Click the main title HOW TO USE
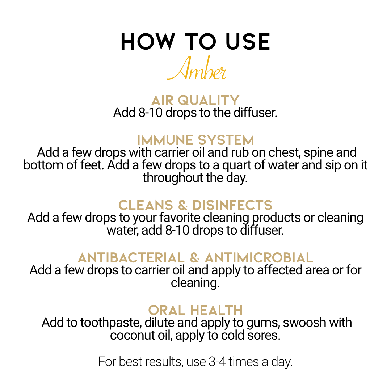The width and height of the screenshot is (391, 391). click(195, 42)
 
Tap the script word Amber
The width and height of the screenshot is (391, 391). click(197, 68)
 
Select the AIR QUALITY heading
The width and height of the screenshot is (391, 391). click(195, 100)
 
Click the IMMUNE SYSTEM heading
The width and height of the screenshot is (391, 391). click(195, 140)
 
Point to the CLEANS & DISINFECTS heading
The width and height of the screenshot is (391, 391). click(195, 205)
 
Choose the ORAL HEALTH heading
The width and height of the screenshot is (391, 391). click(195, 311)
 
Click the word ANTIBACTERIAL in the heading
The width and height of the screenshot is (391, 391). click(131, 258)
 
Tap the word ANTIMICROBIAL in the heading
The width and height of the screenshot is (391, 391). click(259, 258)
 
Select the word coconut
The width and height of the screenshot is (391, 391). click(133, 335)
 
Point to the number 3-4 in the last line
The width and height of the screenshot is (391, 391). click(217, 362)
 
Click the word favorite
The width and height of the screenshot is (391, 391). click(180, 218)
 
